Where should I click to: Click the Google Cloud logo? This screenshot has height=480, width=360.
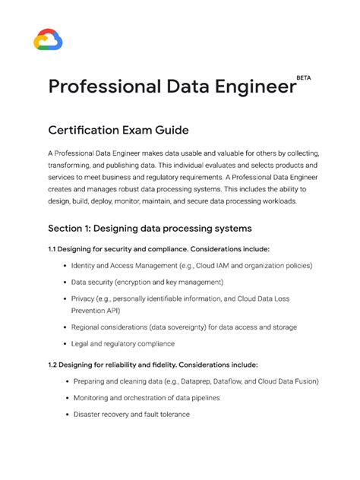(48, 39)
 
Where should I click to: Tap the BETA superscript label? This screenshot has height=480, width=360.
(304, 77)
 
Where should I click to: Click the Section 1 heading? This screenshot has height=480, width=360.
(150, 228)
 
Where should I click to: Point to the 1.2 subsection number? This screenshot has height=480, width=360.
(53, 365)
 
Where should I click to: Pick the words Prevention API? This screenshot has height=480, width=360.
(100, 311)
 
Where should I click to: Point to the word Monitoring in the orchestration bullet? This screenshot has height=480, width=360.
(92, 398)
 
